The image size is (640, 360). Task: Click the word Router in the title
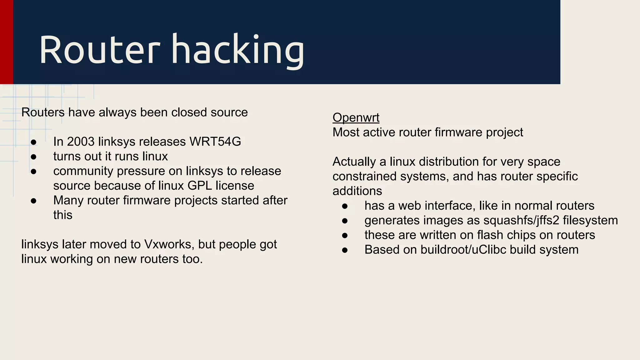[x=99, y=50]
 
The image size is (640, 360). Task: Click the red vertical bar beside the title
[x=6, y=42]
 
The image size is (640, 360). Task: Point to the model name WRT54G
[x=215, y=142]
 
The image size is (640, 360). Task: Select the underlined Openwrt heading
[x=356, y=117]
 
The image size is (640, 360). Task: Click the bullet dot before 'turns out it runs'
[x=34, y=157]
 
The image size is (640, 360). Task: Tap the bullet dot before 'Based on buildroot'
[x=345, y=250]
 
